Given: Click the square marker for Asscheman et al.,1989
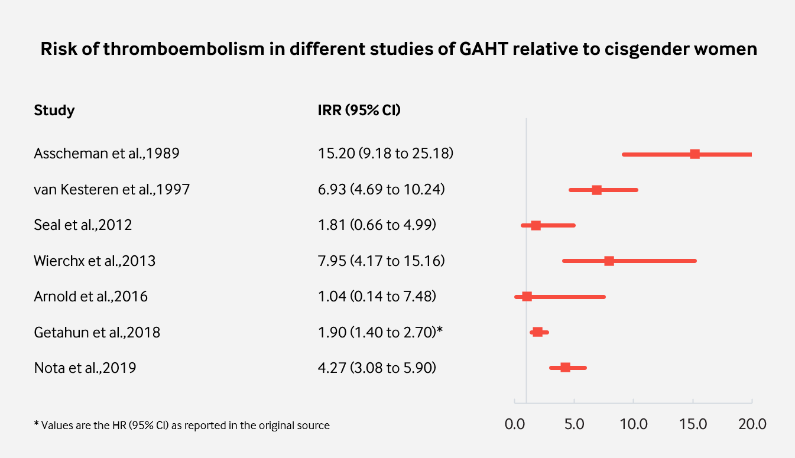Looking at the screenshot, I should coord(695,154).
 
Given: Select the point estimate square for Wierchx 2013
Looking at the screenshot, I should coord(609,261).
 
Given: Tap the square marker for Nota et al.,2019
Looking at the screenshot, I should coord(565,368).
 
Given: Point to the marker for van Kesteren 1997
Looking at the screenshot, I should coord(596,190).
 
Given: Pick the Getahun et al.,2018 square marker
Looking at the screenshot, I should coord(537,332).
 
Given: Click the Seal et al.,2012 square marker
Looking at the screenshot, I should coord(536,225).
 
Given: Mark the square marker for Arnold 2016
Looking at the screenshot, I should coord(527,296).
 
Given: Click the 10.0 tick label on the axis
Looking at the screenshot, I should coord(633,424).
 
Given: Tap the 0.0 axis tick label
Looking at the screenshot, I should coord(515,424).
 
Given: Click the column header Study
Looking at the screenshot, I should coord(54,110).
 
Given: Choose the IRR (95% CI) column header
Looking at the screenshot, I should coord(359,110).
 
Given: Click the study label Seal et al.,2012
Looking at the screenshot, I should coord(83,225).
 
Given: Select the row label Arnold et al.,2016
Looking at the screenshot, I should coord(91,296).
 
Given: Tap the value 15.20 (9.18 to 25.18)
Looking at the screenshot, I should coord(385,154).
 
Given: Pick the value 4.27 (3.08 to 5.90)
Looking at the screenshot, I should coord(377,368).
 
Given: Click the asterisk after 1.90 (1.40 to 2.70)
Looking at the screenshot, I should coord(440,330).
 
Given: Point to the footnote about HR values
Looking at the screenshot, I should coord(182,425).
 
